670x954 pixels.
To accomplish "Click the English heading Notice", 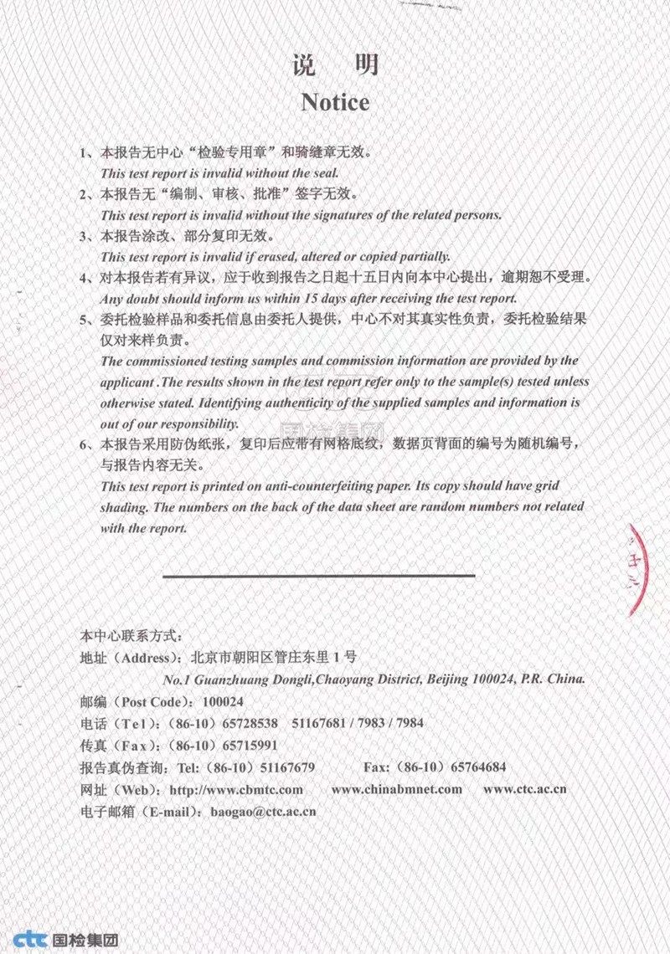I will click(x=335, y=102).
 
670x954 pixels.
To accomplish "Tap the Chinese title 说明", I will click(x=335, y=64).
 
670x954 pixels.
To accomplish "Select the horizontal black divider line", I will click(x=318, y=576).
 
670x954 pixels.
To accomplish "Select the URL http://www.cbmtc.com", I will click(x=236, y=789).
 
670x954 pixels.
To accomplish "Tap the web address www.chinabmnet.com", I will click(x=396, y=789).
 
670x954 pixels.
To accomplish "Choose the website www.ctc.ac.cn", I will click(x=525, y=789).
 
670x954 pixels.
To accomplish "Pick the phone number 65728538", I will click(x=249, y=722).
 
